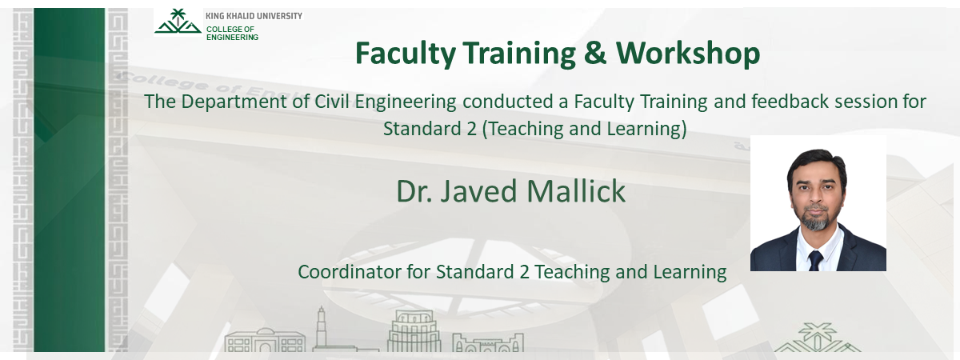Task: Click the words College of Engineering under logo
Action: point(232,33)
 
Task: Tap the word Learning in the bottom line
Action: point(689,272)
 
